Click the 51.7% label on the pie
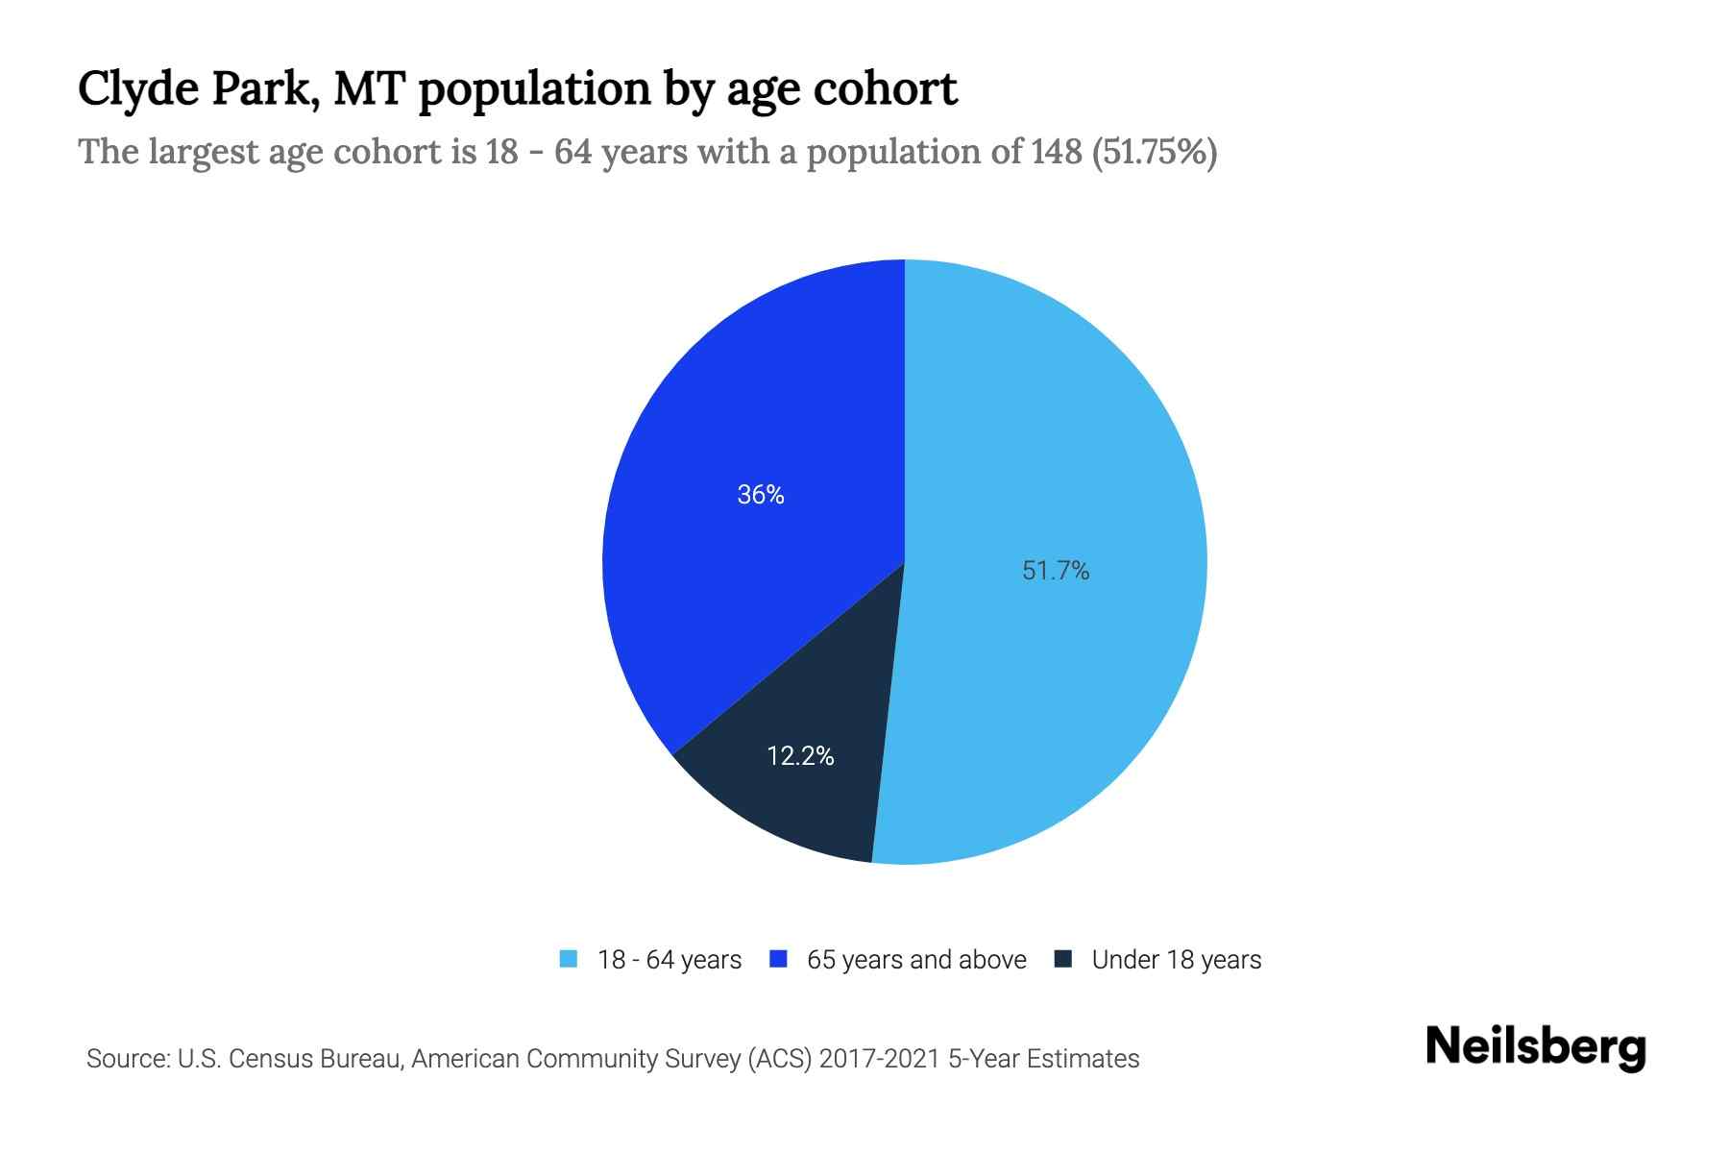(x=1056, y=571)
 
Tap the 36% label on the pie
(x=761, y=495)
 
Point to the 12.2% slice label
(x=800, y=756)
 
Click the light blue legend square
(x=569, y=959)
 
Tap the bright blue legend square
(x=778, y=959)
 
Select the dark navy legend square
(x=1062, y=959)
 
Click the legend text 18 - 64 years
(x=670, y=960)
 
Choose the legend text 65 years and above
(x=916, y=960)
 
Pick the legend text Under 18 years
(x=1177, y=960)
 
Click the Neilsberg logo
(x=1535, y=1048)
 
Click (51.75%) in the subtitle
(x=1155, y=152)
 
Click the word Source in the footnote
(x=125, y=1059)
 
